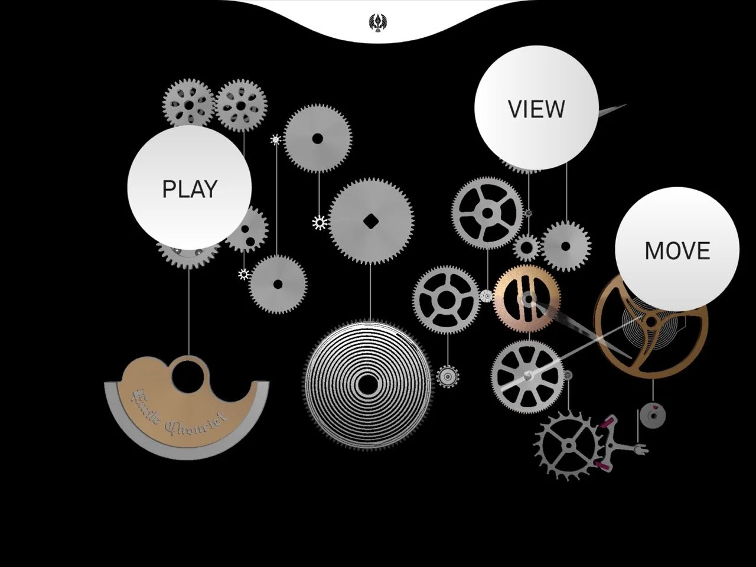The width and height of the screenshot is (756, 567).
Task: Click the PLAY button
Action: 189,188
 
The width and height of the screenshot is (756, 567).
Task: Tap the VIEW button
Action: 536,108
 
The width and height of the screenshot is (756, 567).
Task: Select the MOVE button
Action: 677,250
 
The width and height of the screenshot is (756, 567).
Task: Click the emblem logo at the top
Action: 377,23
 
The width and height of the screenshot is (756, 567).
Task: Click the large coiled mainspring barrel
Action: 368,384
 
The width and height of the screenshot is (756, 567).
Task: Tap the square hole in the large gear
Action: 371,221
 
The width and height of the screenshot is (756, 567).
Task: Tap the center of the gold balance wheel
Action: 650,322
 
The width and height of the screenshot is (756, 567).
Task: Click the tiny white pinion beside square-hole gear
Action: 320,223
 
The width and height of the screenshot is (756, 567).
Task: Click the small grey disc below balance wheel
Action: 653,415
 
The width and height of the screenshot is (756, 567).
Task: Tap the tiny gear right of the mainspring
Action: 448,376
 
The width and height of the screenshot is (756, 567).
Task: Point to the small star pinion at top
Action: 276,140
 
